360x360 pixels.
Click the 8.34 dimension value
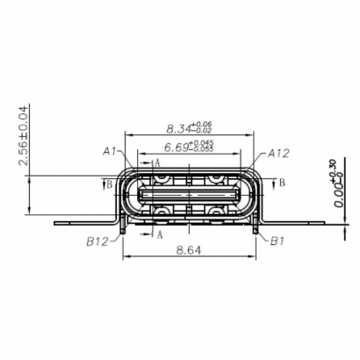177,128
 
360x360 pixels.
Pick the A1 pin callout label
111,151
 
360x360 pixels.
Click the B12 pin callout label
97,240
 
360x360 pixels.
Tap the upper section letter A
156,162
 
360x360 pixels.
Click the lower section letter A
159,234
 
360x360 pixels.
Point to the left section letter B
108,184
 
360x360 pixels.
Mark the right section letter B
282,182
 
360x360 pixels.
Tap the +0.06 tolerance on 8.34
204,124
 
